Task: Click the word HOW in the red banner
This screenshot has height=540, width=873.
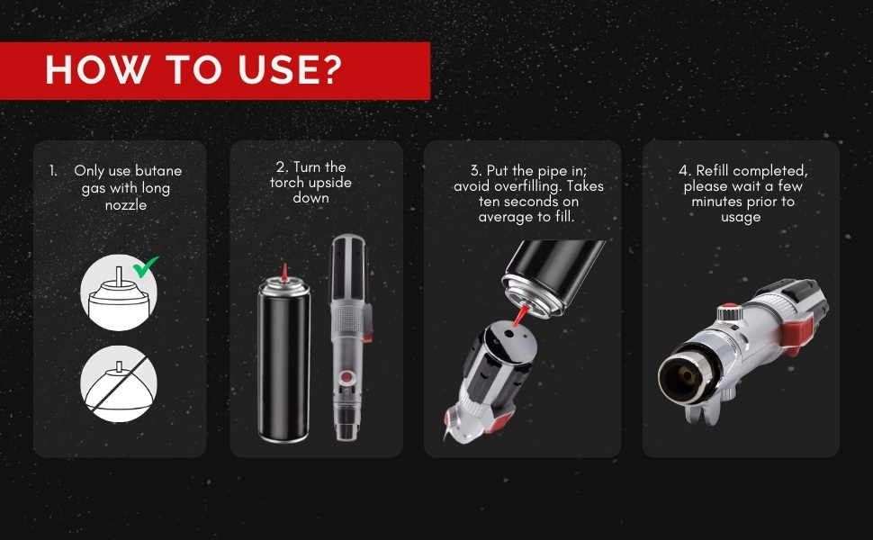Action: point(97,70)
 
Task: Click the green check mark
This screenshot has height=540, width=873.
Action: point(145,266)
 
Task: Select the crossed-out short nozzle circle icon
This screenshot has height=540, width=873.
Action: point(119,383)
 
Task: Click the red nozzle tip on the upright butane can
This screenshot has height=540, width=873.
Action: point(284,272)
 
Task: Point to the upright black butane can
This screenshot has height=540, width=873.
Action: point(283,359)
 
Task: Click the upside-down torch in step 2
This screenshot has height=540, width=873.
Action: point(349,337)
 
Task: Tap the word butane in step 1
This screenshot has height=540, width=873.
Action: point(158,171)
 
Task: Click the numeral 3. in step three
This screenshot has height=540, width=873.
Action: point(476,170)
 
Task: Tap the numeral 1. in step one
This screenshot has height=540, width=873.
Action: point(53,171)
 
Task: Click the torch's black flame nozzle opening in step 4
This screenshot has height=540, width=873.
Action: point(687,377)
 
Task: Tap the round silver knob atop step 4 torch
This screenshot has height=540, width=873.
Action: point(728,311)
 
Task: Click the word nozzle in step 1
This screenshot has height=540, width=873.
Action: point(126,205)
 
